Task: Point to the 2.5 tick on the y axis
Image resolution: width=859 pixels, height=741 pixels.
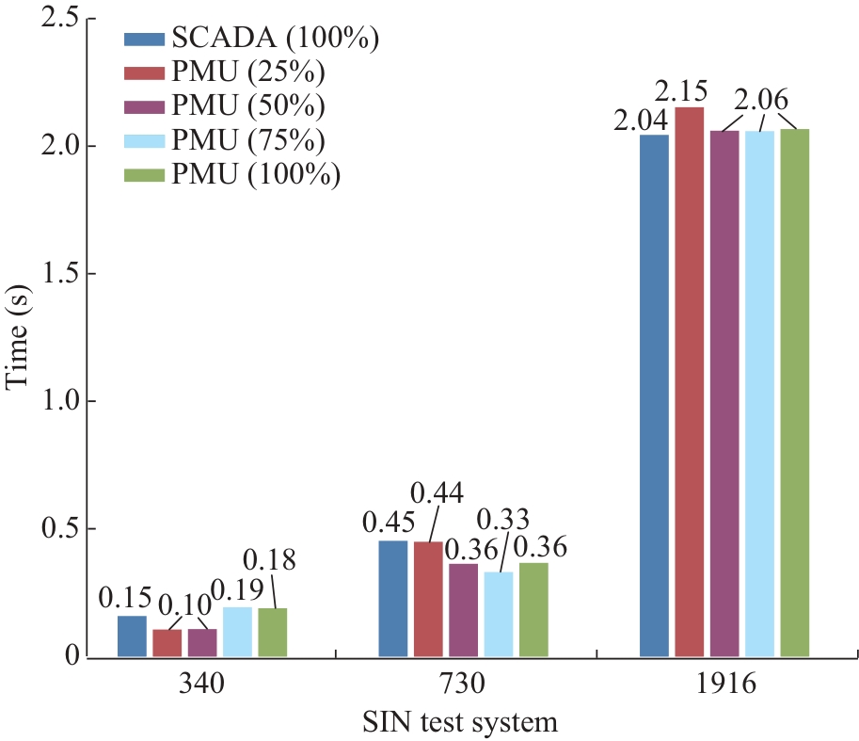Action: [56, 18]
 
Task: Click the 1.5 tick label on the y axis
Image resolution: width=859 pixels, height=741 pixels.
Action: [56, 274]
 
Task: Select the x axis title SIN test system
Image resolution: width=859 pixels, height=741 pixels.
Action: [461, 723]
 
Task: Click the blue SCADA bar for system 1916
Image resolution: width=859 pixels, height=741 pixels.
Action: [654, 395]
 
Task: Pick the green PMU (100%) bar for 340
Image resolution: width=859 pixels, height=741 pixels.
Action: [272, 632]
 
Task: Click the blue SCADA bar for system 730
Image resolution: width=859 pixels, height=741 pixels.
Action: [393, 598]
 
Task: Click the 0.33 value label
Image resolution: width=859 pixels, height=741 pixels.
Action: [503, 519]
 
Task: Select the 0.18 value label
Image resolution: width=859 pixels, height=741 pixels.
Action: [269, 561]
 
